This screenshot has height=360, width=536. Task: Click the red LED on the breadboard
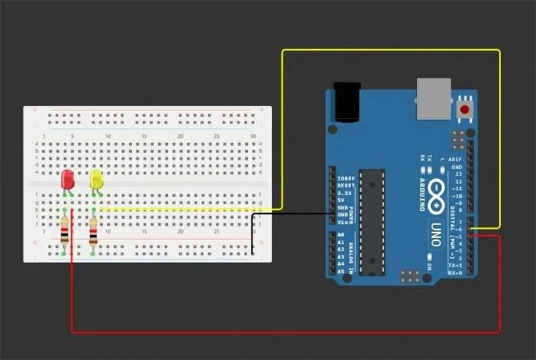click(67, 179)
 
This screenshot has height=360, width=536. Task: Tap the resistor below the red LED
click(64, 231)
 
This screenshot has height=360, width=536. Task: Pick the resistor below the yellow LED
click(93, 232)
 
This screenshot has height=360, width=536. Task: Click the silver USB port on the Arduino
click(434, 99)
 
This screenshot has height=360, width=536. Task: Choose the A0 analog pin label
click(341, 235)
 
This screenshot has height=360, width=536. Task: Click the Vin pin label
click(343, 222)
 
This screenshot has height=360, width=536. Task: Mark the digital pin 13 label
click(467, 173)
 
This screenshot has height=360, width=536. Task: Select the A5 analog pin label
click(341, 271)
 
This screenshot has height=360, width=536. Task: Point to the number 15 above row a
click(144, 136)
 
